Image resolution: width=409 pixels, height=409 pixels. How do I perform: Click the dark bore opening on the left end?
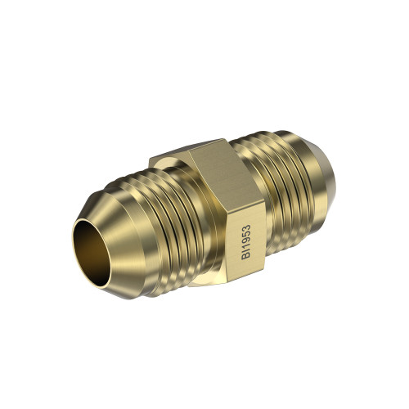(x=92, y=253)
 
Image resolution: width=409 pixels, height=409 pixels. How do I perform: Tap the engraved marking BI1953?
(x=246, y=241)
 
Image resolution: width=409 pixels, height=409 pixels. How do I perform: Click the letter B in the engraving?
(x=246, y=256)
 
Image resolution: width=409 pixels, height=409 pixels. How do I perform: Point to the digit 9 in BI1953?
(x=246, y=242)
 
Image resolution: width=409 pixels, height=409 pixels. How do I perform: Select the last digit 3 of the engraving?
(x=246, y=227)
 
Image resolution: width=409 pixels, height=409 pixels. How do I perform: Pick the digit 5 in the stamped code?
(x=246, y=235)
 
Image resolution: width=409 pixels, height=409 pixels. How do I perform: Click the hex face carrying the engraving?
(x=245, y=240)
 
